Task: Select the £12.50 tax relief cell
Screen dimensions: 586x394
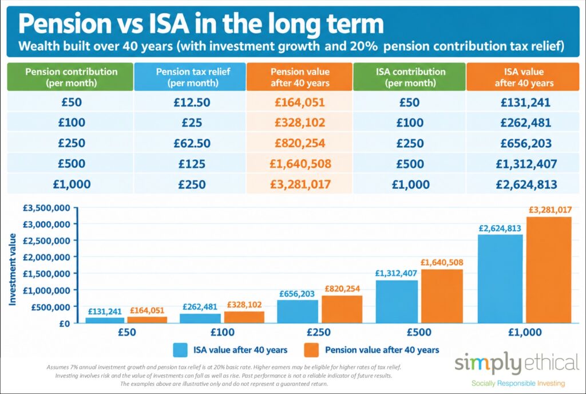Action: tap(192, 103)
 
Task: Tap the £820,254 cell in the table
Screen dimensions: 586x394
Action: tap(300, 143)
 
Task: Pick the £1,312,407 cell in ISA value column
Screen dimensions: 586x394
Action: tap(526, 164)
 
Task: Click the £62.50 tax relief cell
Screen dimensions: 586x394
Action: tap(192, 143)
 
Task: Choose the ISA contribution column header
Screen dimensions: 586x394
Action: tap(410, 77)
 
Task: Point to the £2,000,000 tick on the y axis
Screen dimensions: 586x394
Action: tap(46, 257)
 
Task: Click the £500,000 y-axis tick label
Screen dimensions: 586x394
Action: tap(50, 307)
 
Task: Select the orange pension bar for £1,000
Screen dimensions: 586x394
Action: tap(549, 270)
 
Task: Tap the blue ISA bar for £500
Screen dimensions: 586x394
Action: tap(397, 302)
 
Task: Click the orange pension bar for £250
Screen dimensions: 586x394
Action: tap(342, 309)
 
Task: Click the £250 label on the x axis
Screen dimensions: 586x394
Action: tap(319, 332)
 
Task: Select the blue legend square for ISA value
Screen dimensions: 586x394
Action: tap(180, 350)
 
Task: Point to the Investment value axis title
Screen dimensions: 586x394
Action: tap(13, 269)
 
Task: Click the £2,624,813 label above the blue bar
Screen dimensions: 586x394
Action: tap(500, 228)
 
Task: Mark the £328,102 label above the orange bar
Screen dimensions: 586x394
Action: tap(244, 305)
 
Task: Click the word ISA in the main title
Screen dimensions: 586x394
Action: tap(169, 23)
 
